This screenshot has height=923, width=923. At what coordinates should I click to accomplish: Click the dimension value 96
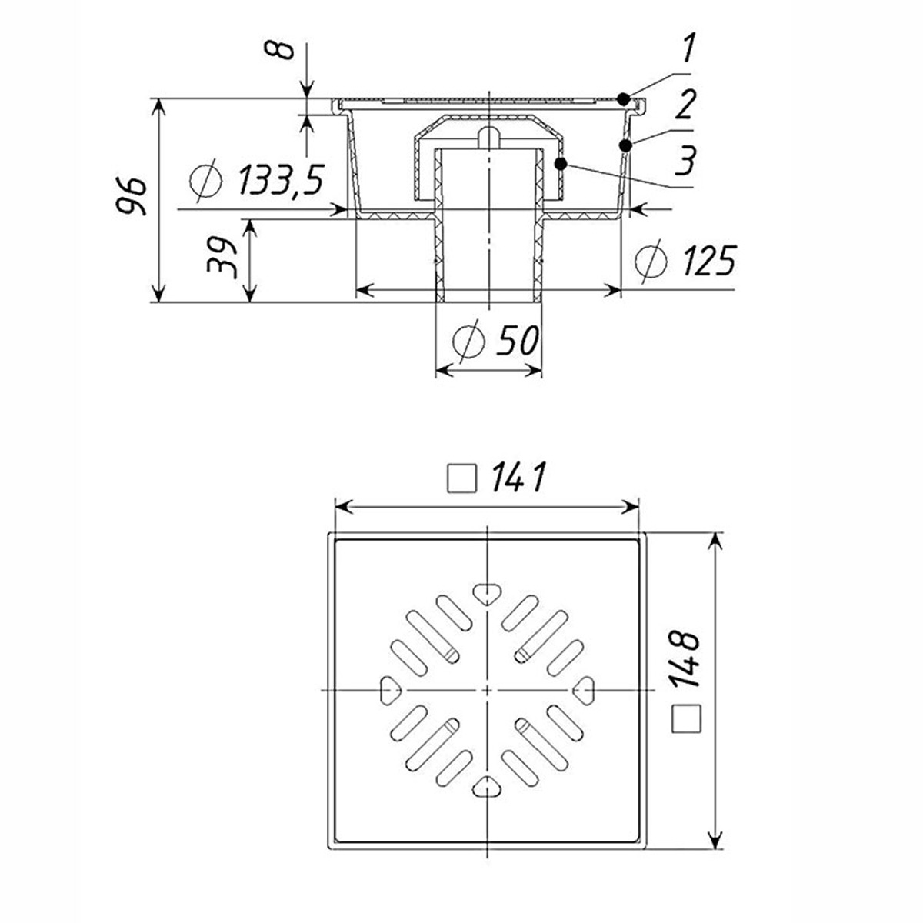click(130, 196)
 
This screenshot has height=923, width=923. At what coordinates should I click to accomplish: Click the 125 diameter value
click(709, 261)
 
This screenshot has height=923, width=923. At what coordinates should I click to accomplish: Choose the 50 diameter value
click(518, 340)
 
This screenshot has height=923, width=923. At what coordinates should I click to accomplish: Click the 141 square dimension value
click(518, 477)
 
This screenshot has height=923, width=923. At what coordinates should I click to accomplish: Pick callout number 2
click(685, 107)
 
